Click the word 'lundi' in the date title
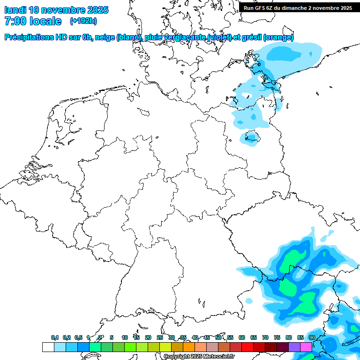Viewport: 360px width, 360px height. coord(15,10)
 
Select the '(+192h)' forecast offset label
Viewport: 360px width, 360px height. coord(83,21)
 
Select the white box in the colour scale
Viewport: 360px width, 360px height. coord(48,347)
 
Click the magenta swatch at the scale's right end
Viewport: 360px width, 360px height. coord(306,347)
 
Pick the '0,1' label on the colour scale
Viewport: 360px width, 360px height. coord(55,337)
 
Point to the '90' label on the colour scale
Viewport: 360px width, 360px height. coord(312,337)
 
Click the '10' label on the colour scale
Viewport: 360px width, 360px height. coord(125,337)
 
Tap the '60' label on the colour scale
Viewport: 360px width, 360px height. coord(242,337)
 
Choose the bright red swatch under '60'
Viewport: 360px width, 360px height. coord(247,347)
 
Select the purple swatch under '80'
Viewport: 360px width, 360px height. coord(294,347)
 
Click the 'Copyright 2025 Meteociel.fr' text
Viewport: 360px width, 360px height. coord(199,356)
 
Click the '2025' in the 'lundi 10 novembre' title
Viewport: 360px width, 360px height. coord(97,10)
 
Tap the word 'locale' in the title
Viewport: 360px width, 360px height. coord(45,21)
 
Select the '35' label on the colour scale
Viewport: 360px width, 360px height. coord(183,337)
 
